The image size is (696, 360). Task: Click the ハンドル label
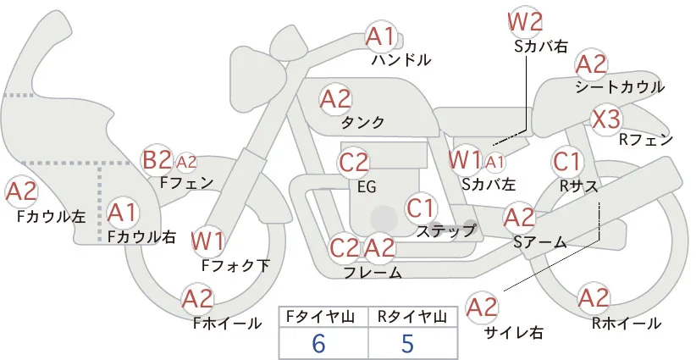[401, 59]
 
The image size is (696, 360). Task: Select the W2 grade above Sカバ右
[525, 22]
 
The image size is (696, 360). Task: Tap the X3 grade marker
[606, 119]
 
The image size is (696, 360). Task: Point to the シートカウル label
[620, 87]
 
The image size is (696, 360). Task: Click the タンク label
[362, 122]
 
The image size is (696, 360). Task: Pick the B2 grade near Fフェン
[157, 160]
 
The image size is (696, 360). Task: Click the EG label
[367, 186]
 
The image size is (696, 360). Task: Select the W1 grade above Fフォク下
[207, 241]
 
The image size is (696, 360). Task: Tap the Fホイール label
[227, 324]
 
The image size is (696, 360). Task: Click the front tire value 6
[318, 343]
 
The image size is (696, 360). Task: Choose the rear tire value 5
[407, 343]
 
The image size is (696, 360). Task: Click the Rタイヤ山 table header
[412, 317]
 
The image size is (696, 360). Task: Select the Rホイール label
[627, 324]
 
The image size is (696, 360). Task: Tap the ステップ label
[446, 231]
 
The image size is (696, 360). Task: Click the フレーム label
[373, 272]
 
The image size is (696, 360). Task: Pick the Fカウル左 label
[51, 216]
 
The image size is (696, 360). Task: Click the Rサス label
[578, 186]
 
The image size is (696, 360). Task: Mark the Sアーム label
[540, 242]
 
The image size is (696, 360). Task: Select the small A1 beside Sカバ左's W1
[495, 163]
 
